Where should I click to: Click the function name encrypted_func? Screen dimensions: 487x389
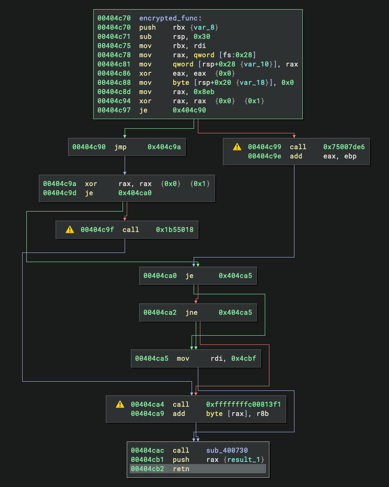pos(170,18)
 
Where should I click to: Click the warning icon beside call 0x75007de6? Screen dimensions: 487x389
pos(237,147)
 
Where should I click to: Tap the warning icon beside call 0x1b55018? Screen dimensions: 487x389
pos(70,229)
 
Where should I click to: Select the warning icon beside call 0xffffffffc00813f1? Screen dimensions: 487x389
pos(120,404)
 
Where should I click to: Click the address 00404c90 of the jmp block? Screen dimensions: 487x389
pos(89,147)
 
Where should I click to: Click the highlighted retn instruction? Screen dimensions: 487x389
pos(181,469)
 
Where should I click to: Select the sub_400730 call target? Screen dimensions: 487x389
pos(227,450)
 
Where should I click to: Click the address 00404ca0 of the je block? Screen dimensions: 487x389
pos(160,276)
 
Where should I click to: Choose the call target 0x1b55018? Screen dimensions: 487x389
pos(174,229)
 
